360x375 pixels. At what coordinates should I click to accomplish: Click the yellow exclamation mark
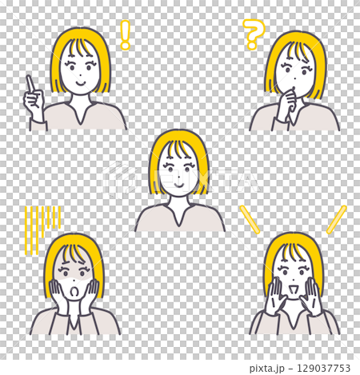[124, 34]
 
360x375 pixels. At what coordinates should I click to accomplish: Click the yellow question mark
[254, 32]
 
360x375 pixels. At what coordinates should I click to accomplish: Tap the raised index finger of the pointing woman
[29, 82]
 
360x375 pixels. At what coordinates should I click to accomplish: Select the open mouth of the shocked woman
[74, 291]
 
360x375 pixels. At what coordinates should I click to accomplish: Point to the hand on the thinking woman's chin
[287, 102]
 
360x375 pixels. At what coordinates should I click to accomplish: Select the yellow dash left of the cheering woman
[250, 219]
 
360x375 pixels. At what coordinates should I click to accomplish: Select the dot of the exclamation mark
[124, 46]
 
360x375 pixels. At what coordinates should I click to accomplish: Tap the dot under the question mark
[253, 47]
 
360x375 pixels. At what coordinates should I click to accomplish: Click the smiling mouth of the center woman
[179, 182]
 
